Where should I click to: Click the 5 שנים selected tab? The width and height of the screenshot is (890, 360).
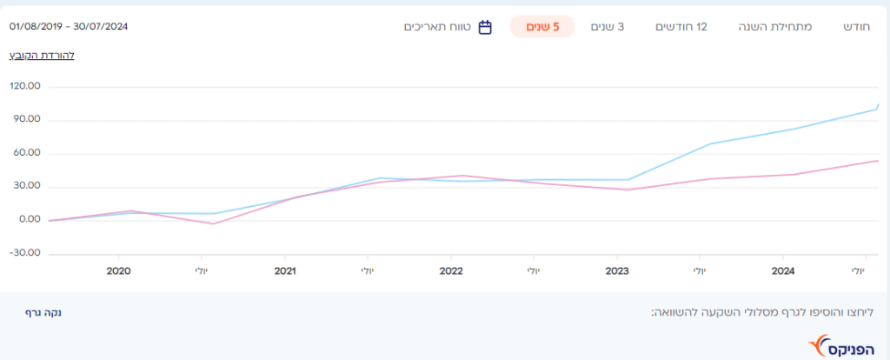tap(542, 27)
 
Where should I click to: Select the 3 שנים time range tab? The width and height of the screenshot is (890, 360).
tap(608, 27)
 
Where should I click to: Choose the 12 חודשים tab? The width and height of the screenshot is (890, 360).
tap(681, 27)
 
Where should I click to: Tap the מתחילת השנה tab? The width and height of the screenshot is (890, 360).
tap(780, 27)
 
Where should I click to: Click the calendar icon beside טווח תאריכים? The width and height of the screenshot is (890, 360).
tap(485, 27)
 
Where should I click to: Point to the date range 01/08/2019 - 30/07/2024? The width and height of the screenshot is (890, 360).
tap(69, 26)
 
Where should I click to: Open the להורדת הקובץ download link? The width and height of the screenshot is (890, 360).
tap(42, 55)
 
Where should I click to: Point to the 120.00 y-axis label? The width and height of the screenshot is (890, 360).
tap(26, 87)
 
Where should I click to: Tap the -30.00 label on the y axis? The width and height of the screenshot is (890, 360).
tap(26, 253)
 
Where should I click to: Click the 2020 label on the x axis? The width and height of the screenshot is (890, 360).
tap(118, 271)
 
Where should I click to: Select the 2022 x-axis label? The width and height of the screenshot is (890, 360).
tap(450, 271)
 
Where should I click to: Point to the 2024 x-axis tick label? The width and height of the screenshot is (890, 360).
tap(783, 271)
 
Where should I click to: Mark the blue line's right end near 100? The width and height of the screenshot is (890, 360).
tap(877, 108)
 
